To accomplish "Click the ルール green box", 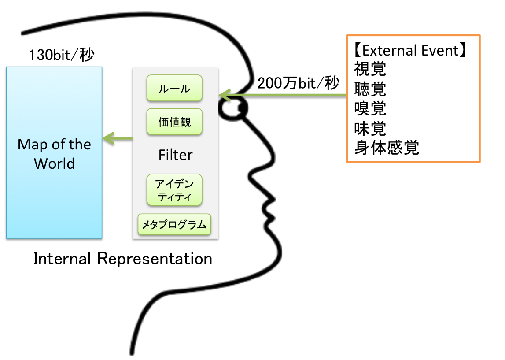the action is tap(174, 88).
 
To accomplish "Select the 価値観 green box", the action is tap(174, 122).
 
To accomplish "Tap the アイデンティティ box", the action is tap(174, 190).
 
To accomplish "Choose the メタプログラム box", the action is tap(174, 225).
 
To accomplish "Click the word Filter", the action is tap(175, 155).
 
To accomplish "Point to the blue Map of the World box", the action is tap(54, 152).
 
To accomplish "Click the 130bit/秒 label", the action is tap(61, 56).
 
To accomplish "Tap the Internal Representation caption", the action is tap(123, 259).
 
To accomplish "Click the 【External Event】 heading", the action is tap(409, 51).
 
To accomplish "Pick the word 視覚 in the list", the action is tap(370, 69).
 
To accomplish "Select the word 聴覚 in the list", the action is tap(370, 89).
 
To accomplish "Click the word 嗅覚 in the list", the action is tap(370, 108).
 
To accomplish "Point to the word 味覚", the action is tap(370, 128).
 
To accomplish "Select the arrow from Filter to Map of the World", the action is tap(118, 139).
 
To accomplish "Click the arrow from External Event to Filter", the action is tap(286, 95).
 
